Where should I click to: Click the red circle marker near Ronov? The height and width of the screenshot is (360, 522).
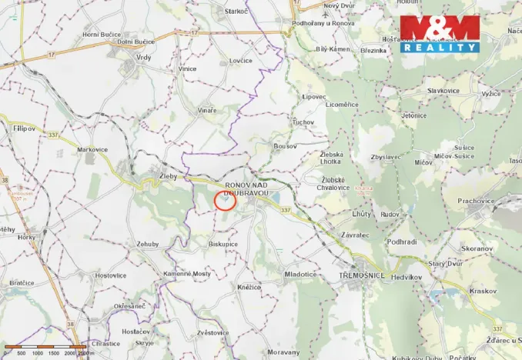tap(224, 200)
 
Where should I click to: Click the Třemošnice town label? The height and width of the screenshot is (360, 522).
tap(362, 275)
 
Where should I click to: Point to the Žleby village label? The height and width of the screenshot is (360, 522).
tap(168, 176)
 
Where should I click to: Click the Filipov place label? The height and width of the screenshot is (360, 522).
tap(24, 128)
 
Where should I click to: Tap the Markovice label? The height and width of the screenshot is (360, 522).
tap(92, 149)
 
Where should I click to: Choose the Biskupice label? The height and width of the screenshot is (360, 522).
tap(223, 244)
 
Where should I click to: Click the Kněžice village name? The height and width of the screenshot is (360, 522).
tap(249, 286)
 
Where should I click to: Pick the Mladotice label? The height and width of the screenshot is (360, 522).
tap(300, 274)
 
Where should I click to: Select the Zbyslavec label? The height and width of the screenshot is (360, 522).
tap(385, 157)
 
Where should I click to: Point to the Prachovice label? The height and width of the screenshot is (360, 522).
tap(477, 201)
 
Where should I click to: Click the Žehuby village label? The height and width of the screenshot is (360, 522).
tap(147, 243)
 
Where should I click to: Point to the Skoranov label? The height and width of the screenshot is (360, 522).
tap(477, 249)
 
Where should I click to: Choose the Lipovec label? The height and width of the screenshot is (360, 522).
tap(314, 97)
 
